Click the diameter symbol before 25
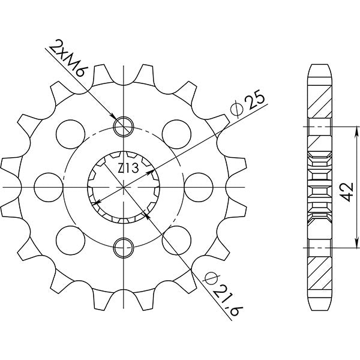[236, 109]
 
